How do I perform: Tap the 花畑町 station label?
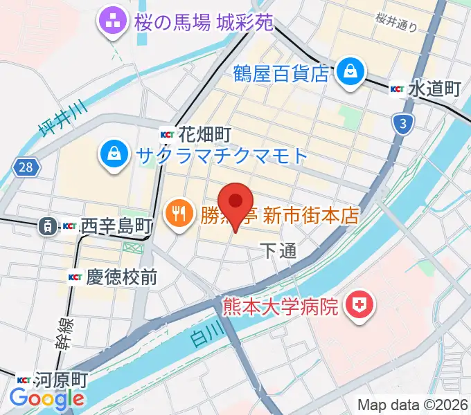click(204, 133)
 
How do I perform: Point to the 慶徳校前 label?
click(121, 278)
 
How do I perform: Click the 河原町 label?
click(62, 380)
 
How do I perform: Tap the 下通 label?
click(278, 250)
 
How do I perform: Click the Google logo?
click(47, 398)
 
